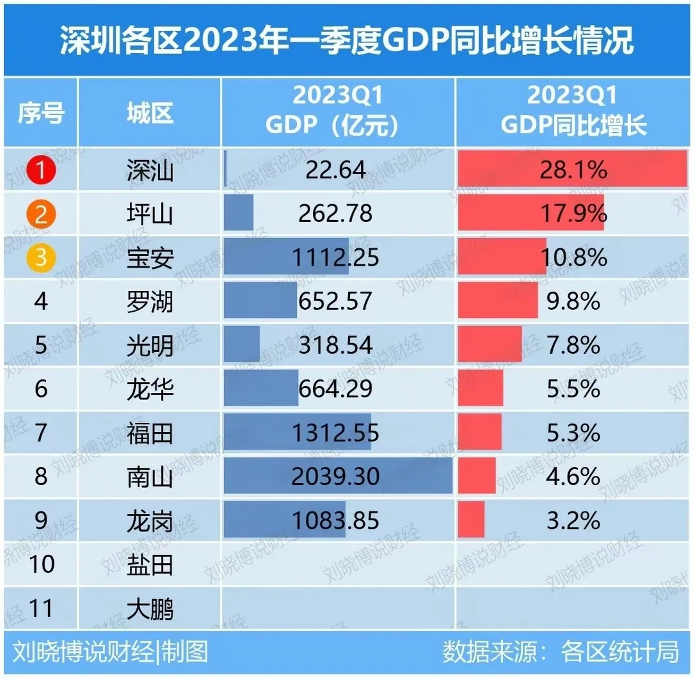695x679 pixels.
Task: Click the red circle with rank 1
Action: point(40,170)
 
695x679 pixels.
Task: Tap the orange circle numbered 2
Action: point(40,214)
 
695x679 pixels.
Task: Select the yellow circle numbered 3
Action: point(40,257)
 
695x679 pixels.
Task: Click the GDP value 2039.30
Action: point(336,476)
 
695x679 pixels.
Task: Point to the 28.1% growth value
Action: point(573,170)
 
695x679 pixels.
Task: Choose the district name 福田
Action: point(150,433)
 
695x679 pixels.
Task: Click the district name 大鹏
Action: point(150,608)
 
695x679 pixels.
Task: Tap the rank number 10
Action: point(41,564)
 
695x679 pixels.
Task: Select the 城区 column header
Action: point(150,113)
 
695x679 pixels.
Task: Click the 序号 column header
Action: point(41,113)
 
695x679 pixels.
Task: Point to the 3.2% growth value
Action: point(573,520)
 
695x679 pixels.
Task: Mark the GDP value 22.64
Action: point(336,170)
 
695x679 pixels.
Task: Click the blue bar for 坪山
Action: point(238,213)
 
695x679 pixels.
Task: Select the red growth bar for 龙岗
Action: point(471,520)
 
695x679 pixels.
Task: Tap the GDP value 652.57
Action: point(336,301)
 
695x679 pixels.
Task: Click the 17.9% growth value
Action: point(573,214)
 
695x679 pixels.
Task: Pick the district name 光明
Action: point(150,346)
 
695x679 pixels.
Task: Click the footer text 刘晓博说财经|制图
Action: point(110,652)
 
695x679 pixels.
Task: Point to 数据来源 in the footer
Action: point(489,652)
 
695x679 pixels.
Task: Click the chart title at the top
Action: point(347,40)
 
